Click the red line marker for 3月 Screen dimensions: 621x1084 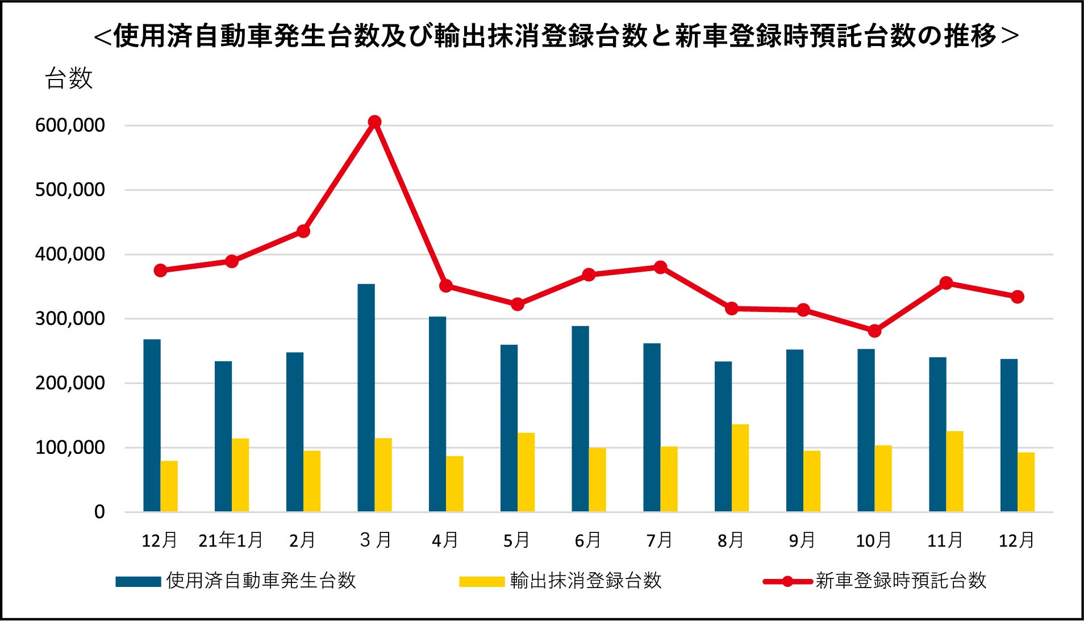(374, 122)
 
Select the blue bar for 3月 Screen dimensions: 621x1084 (366, 398)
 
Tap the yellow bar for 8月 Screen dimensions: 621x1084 (740, 468)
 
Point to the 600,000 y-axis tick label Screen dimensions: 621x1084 (70, 126)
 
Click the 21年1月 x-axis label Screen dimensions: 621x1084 (231, 540)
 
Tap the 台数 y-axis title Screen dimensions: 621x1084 (69, 78)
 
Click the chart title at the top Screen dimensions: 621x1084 (556, 36)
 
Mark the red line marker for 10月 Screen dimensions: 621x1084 (875, 331)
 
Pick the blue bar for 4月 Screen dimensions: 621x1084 (437, 414)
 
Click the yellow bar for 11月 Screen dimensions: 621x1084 (954, 472)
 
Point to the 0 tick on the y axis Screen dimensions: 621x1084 (99, 512)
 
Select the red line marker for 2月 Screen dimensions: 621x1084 (303, 231)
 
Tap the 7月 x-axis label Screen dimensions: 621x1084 (659, 540)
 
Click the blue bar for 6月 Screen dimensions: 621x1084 (580, 419)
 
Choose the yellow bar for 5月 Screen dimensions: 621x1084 (526, 472)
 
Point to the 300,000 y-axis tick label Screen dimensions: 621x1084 (70, 319)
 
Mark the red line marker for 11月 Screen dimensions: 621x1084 (946, 283)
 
